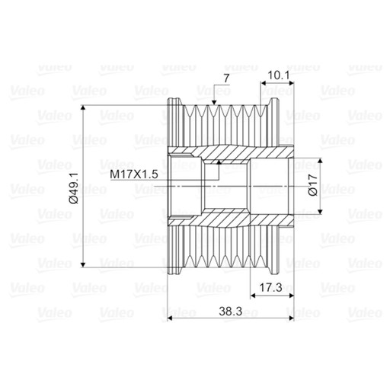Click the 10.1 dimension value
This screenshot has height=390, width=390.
(x=279, y=75)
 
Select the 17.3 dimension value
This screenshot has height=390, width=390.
(x=270, y=288)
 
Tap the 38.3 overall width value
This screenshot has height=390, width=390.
(x=231, y=312)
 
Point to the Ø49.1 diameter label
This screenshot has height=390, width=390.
(x=74, y=188)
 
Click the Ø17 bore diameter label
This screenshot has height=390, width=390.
(x=313, y=185)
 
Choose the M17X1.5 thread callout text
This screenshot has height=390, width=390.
(x=134, y=174)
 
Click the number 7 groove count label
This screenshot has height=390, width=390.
(x=226, y=78)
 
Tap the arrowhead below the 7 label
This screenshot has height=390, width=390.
(x=214, y=102)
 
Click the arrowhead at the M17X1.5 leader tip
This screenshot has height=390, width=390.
(x=219, y=162)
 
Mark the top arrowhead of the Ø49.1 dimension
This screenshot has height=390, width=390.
(x=83, y=108)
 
